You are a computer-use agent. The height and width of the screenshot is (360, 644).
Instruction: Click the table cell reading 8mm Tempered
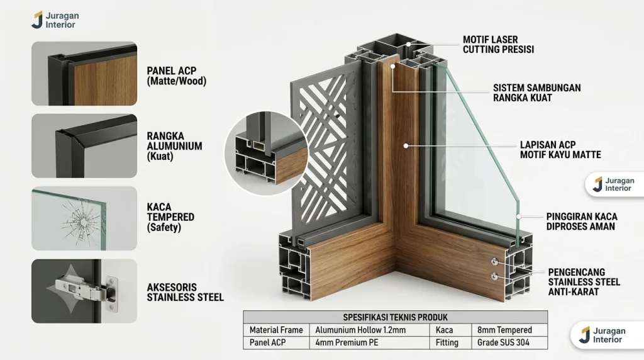(x=504, y=330)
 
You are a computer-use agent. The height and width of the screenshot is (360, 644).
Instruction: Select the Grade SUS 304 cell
(x=503, y=343)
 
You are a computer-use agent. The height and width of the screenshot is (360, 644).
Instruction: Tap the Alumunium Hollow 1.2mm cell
(x=360, y=330)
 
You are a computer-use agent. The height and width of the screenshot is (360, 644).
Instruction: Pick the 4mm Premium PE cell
(x=347, y=343)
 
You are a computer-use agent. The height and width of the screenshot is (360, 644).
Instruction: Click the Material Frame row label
(x=276, y=330)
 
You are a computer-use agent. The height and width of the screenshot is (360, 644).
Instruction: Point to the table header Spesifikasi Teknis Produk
(x=395, y=317)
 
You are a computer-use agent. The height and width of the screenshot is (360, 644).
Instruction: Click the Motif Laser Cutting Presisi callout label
(x=498, y=45)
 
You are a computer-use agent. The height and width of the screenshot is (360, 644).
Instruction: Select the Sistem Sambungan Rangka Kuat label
(x=537, y=93)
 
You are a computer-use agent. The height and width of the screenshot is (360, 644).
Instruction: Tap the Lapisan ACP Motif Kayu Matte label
(x=560, y=150)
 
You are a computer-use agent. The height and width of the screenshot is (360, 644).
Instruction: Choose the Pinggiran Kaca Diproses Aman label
(x=582, y=222)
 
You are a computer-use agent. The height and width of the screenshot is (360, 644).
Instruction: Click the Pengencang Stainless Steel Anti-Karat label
(x=584, y=282)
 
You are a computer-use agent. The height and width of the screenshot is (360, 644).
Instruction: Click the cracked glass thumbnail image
(x=84, y=218)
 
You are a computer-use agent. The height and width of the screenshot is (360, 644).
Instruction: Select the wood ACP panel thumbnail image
(x=84, y=74)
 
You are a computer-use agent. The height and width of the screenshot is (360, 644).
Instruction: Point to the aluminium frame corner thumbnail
(x=84, y=146)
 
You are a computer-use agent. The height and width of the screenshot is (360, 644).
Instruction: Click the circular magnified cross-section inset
(x=266, y=153)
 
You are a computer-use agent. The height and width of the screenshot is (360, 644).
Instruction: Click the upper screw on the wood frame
(x=494, y=261)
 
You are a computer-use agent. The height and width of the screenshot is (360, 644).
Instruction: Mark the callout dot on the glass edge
(x=519, y=217)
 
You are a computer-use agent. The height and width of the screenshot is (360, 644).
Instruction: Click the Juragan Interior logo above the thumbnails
(x=55, y=20)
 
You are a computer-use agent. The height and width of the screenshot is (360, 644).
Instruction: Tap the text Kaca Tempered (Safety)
(x=170, y=217)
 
